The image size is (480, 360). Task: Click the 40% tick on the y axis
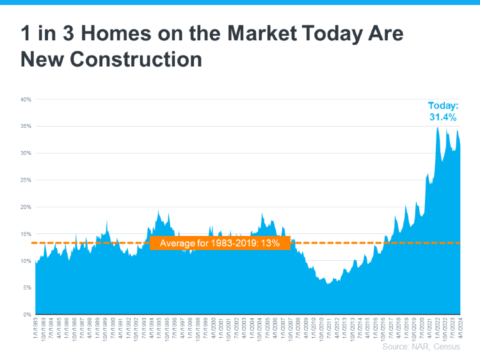click(26, 100)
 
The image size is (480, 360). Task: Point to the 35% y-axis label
click(26, 127)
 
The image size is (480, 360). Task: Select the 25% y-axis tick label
click(26, 180)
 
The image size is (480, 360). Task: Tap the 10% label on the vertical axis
click(26, 261)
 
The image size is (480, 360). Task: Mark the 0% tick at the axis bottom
click(28, 315)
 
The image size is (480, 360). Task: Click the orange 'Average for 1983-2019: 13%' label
click(220, 243)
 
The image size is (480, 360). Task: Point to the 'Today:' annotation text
click(444, 106)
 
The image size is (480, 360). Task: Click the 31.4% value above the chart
click(443, 118)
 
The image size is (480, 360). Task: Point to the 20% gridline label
click(26, 207)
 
